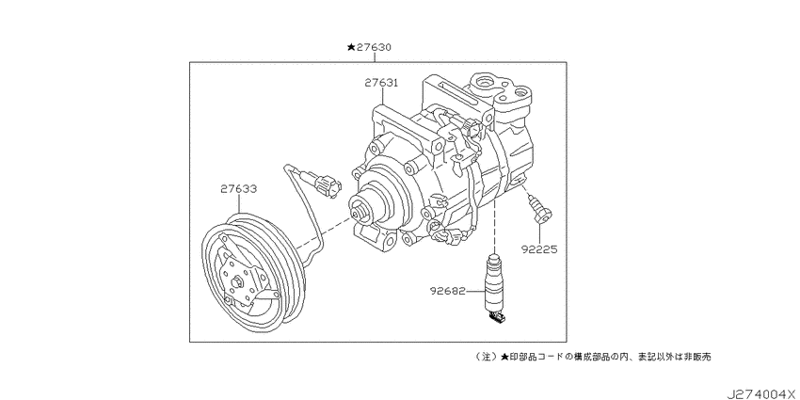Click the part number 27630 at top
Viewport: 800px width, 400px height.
pos(373,47)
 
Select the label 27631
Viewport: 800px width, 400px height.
pos(381,83)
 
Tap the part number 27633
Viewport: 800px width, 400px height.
pos(239,189)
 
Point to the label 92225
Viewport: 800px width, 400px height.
pos(538,249)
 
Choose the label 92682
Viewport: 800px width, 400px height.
pos(448,292)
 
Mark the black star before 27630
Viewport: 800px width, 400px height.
pos(351,47)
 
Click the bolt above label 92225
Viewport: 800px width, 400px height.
pos(539,210)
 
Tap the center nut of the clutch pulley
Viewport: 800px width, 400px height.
pos(238,281)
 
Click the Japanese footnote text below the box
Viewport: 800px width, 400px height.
pos(592,357)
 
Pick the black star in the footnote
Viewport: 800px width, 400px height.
pos(504,357)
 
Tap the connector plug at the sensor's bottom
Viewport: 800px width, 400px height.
pos(498,318)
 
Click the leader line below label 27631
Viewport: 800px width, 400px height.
pos(382,97)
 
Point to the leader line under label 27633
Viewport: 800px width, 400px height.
pos(239,204)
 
